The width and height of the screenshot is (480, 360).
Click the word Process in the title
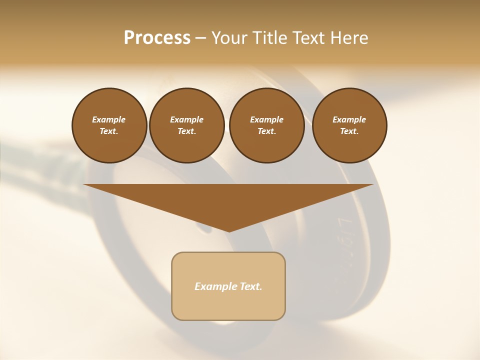coord(157,38)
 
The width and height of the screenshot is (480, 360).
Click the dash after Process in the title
coord(201,38)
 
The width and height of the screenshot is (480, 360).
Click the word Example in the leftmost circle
coord(109,119)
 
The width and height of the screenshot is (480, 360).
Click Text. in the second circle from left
coord(186,131)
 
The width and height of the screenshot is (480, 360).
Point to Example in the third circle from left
coord(266,119)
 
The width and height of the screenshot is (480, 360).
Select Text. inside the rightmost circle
coord(349,131)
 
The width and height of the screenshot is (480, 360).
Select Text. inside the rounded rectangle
coord(249,286)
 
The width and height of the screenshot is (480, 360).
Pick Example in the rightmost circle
coord(349,119)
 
